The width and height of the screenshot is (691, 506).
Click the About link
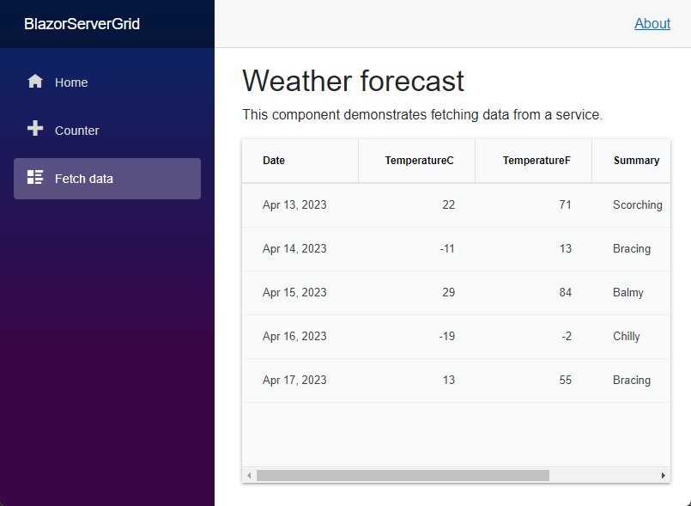pos(652,23)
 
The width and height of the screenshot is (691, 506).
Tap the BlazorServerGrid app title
pos(82,24)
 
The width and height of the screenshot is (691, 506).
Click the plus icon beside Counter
pos(35,128)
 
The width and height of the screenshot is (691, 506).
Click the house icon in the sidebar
pos(35,81)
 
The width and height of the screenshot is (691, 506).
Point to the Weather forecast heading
pos(353,81)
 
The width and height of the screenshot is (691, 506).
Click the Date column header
pos(274,160)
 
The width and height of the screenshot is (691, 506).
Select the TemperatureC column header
pos(419,160)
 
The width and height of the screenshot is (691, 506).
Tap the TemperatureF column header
pos(536,160)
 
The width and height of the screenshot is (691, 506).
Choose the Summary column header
pos(636,160)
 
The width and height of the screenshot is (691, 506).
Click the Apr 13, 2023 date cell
pos(294,204)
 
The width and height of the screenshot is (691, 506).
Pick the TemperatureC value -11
pos(447,248)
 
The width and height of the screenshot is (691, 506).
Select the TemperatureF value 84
pos(566,292)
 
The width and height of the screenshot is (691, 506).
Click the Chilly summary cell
pos(627,336)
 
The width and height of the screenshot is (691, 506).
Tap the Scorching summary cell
pos(638,204)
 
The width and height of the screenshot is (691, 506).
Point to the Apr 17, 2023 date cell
pos(294,380)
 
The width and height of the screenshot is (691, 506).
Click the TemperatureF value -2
pos(567,336)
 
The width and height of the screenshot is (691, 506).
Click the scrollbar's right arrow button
pos(664,476)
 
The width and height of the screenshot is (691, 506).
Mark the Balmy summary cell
pos(628,292)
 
